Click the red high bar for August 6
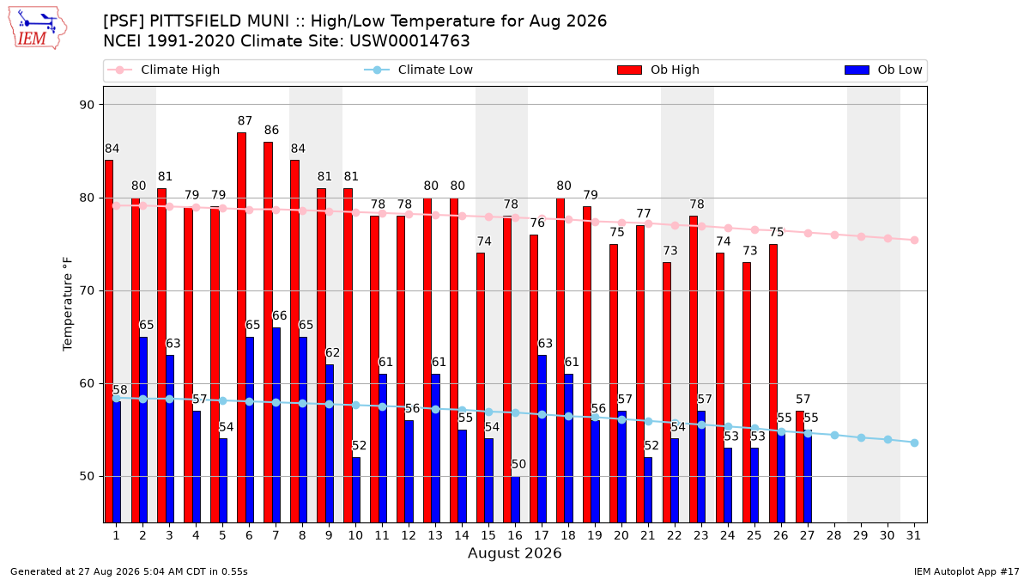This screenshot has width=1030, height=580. [x=241, y=327]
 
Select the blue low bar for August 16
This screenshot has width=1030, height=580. [x=516, y=499]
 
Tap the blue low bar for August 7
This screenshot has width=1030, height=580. [x=276, y=424]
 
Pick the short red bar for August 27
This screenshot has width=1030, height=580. [x=800, y=467]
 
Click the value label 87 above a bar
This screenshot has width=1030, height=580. [x=245, y=120]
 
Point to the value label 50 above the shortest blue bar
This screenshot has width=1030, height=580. [x=518, y=464]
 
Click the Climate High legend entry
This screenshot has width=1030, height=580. [x=163, y=70]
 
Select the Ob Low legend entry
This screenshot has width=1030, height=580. [x=883, y=70]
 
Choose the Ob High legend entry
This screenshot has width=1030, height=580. [x=658, y=70]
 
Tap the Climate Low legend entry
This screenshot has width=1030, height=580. [x=419, y=70]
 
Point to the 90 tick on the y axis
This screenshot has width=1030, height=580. [x=87, y=105]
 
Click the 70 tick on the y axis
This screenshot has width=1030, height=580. [x=87, y=291]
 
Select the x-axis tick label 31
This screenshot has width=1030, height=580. [x=913, y=535]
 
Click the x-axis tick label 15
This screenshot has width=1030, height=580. [x=488, y=535]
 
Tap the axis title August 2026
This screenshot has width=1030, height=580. [x=514, y=553]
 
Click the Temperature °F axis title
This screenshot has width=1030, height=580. [x=68, y=304]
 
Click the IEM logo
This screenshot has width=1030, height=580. [x=37, y=27]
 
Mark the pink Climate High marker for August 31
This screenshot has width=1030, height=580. [x=914, y=241]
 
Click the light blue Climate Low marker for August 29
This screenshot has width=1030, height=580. [x=861, y=437]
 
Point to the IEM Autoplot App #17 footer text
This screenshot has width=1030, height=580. [x=966, y=571]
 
